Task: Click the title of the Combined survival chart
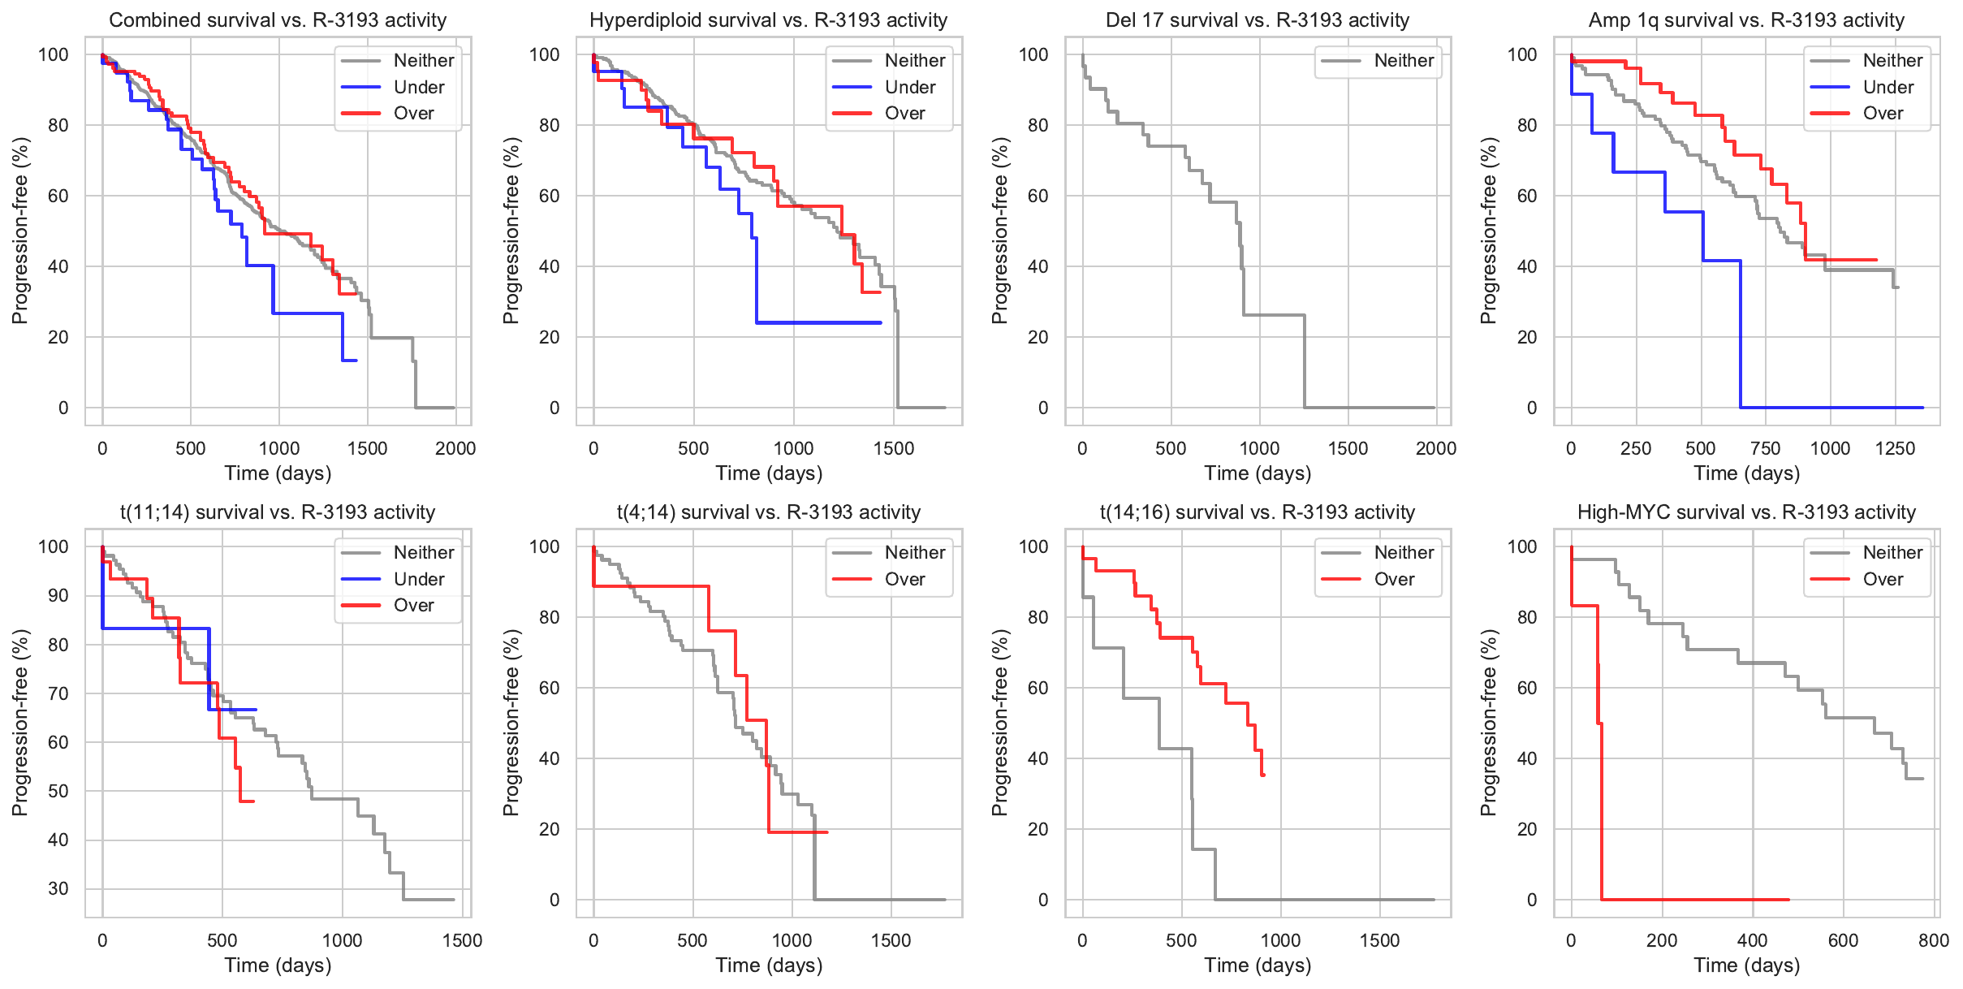pos(278,20)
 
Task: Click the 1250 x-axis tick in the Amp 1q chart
pos(1895,448)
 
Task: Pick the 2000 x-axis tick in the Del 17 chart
pos(1435,448)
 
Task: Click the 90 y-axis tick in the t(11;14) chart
pos(58,595)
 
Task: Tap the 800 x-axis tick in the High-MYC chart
pos(1933,940)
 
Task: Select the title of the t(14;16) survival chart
pos(1257,512)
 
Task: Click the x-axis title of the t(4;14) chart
pos(768,965)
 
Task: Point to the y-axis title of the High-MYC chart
pos(1487,723)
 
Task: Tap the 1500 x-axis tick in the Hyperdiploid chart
pos(893,448)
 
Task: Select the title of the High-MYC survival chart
pos(1746,512)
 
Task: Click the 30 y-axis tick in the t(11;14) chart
pos(58,889)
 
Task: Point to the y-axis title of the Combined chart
pos(19,231)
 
